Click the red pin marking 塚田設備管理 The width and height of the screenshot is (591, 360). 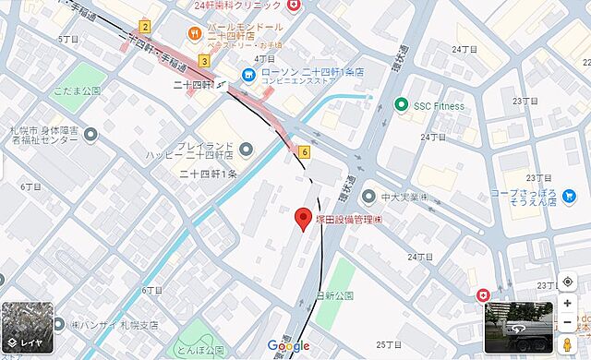[302, 220]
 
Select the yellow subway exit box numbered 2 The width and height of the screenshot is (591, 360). [145, 28]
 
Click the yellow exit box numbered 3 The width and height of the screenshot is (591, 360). [203, 61]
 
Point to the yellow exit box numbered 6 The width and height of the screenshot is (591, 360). [304, 151]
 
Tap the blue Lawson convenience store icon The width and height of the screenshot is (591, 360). [248, 74]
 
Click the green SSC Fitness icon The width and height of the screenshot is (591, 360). [401, 105]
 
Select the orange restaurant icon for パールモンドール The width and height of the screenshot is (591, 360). [194, 34]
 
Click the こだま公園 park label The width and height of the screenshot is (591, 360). [78, 91]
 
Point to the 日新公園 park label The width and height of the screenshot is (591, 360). [334, 295]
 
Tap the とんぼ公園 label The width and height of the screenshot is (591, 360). [201, 351]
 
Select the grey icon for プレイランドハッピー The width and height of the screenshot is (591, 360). [246, 148]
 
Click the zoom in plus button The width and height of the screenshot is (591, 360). [567, 303]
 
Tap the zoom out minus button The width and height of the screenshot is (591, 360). [567, 322]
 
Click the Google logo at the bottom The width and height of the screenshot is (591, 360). [289, 346]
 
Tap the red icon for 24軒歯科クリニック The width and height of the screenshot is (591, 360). [294, 6]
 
